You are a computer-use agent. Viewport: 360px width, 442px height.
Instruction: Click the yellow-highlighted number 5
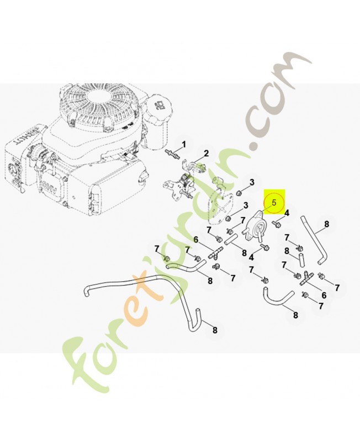[274, 203]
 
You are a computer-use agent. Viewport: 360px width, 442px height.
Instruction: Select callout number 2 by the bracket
[207, 153]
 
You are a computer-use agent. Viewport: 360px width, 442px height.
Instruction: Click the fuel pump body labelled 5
[255, 226]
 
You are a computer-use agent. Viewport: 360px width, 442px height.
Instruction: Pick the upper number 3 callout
[252, 182]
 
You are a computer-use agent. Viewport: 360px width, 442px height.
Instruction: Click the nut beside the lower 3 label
[227, 219]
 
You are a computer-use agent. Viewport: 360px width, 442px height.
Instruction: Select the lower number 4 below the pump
[252, 257]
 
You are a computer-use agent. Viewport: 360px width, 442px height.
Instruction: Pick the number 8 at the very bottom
[215, 330]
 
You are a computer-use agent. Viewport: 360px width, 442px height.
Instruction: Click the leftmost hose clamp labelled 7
[166, 259]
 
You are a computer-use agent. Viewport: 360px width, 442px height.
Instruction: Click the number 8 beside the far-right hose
[326, 224]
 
